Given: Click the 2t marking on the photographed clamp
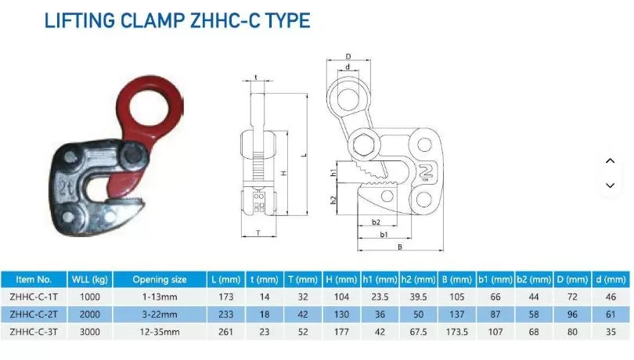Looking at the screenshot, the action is pyautogui.click(x=67, y=186).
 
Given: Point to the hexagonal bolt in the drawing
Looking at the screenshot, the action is pyautogui.click(x=364, y=145).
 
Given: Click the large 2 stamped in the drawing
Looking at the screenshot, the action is pyautogui.click(x=426, y=171).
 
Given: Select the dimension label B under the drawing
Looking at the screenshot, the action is pyautogui.click(x=399, y=247).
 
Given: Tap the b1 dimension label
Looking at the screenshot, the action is pyautogui.click(x=384, y=234).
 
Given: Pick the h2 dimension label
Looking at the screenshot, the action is pyautogui.click(x=333, y=200).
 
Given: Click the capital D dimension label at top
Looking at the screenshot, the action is pyautogui.click(x=348, y=56).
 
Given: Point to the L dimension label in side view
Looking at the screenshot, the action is pyautogui.click(x=304, y=155).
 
